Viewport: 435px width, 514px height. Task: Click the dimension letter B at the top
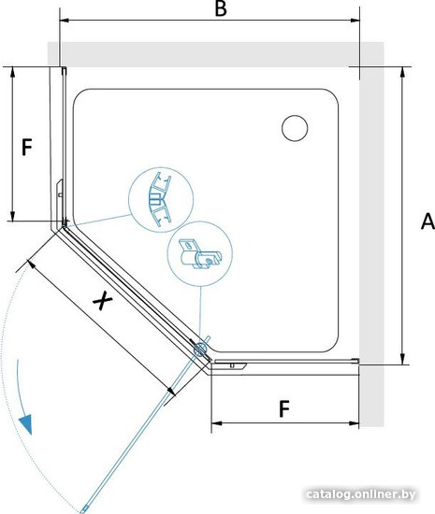[221, 8]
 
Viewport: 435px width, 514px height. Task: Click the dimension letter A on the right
[428, 221]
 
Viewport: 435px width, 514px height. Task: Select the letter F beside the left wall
[27, 147]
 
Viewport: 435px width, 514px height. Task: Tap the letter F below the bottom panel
[284, 408]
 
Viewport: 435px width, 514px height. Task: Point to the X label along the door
[103, 300]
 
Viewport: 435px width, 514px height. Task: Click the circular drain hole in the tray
[295, 128]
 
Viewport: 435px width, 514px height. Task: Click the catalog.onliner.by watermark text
[361, 494]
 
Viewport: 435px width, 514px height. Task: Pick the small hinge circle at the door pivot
[200, 350]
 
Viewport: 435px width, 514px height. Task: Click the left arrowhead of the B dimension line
[65, 21]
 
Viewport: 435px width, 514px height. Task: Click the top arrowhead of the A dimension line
[403, 71]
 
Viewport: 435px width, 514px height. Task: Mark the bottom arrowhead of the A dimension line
[403, 360]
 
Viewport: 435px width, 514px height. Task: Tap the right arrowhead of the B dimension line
[355, 21]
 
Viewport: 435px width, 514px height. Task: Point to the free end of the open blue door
[84, 509]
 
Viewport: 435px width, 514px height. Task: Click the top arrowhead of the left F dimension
[12, 71]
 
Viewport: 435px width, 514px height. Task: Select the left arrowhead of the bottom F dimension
[216, 423]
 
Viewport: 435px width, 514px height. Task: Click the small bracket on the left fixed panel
[59, 194]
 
